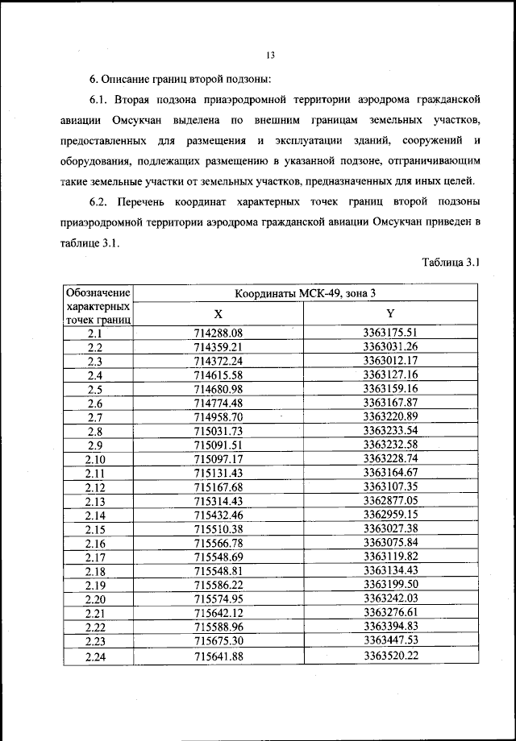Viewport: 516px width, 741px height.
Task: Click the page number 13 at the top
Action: click(x=270, y=56)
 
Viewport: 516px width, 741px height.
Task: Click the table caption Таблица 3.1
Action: click(x=451, y=262)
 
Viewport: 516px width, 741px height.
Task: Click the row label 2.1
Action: click(x=95, y=333)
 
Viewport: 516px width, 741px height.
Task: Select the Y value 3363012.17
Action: click(x=390, y=360)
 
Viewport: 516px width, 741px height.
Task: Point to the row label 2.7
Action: click(x=95, y=417)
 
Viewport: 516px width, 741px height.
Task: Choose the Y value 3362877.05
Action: click(x=390, y=501)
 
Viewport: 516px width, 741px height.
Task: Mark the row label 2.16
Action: click(x=95, y=543)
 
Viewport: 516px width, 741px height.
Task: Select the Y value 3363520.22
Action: click(x=390, y=656)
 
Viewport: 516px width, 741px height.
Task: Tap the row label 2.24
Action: click(x=95, y=656)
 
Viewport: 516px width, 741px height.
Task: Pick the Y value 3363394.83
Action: click(x=390, y=627)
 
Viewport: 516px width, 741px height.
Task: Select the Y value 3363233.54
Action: click(x=390, y=431)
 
